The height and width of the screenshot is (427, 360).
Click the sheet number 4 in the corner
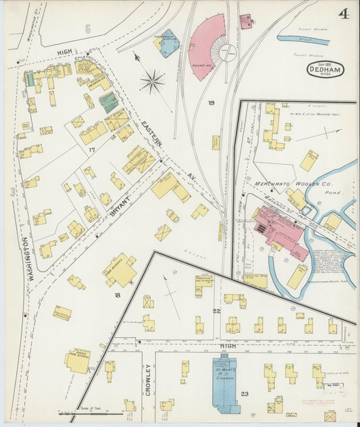point(343,14)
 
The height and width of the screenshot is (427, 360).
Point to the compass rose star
point(153,82)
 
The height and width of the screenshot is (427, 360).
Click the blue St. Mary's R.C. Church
point(225,382)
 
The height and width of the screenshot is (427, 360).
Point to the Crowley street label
point(147,379)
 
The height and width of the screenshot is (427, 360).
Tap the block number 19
point(211,103)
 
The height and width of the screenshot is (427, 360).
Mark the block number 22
point(216,310)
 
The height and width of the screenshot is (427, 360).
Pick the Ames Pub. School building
point(78,360)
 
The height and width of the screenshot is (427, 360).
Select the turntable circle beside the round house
point(228,53)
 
